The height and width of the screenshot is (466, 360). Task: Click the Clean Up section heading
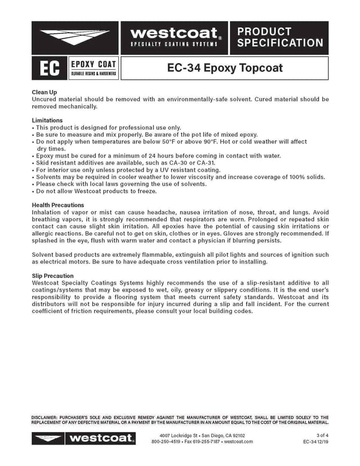(x=44, y=92)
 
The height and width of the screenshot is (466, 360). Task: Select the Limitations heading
(x=47, y=120)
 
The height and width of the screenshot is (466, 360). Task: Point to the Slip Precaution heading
(x=53, y=276)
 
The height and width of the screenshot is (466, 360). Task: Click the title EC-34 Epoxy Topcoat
(x=225, y=69)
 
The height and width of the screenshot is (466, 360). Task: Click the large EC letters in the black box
(x=48, y=69)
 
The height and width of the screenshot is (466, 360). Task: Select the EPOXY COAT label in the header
(x=93, y=64)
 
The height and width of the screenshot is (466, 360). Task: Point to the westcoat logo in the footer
(x=84, y=438)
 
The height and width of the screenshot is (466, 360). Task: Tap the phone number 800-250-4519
(x=166, y=442)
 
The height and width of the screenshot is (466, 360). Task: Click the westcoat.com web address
(x=237, y=442)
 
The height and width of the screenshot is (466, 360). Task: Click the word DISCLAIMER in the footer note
(x=47, y=416)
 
